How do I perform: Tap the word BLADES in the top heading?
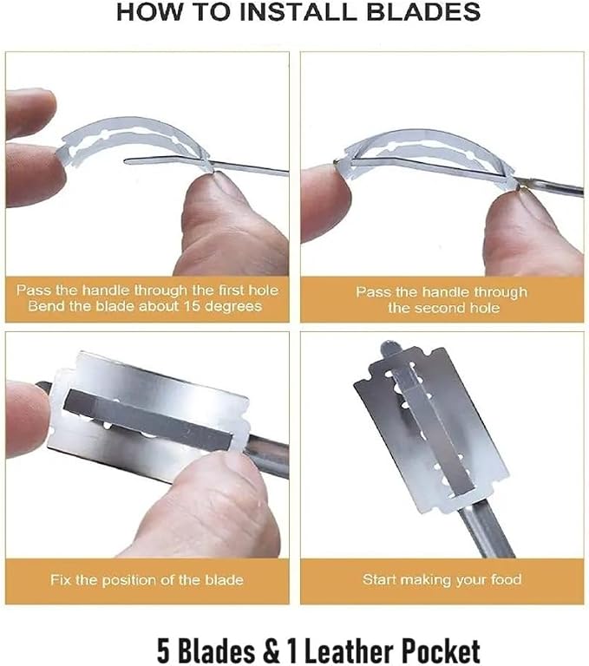(x=422, y=12)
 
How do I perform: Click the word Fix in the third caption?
(x=61, y=580)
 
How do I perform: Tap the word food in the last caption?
(x=506, y=579)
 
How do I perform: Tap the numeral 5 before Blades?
(x=163, y=650)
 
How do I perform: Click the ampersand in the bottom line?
(x=271, y=650)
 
